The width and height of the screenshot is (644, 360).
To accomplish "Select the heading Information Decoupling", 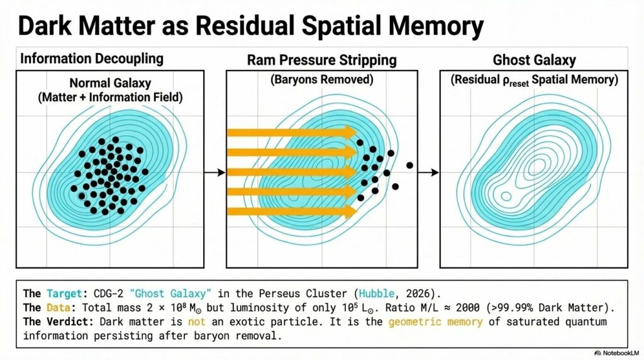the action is point(92,59).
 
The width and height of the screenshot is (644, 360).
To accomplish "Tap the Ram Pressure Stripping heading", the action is point(322,60).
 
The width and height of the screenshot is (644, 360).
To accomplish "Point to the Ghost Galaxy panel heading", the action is point(535,60).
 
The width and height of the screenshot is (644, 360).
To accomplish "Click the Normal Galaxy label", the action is point(110,83).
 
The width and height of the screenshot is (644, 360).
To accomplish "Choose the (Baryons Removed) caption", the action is point(321,79).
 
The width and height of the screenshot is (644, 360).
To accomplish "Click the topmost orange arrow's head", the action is point(350,132).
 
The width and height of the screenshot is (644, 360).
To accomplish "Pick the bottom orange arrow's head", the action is point(350,211).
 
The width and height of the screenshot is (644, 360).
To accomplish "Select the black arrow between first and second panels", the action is point(215,172).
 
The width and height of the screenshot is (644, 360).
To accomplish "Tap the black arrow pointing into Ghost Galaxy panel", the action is point(428,172).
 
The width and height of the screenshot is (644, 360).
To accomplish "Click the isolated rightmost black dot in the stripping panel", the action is point(409,165).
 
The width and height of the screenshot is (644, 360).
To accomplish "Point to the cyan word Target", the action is point(64,294).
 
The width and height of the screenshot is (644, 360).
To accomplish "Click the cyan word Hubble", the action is point(377,294).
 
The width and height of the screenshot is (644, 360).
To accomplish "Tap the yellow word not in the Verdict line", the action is point(197,322).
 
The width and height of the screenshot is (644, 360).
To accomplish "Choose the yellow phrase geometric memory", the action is point(435,322).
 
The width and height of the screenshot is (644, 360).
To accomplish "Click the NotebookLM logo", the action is point(616,353).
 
